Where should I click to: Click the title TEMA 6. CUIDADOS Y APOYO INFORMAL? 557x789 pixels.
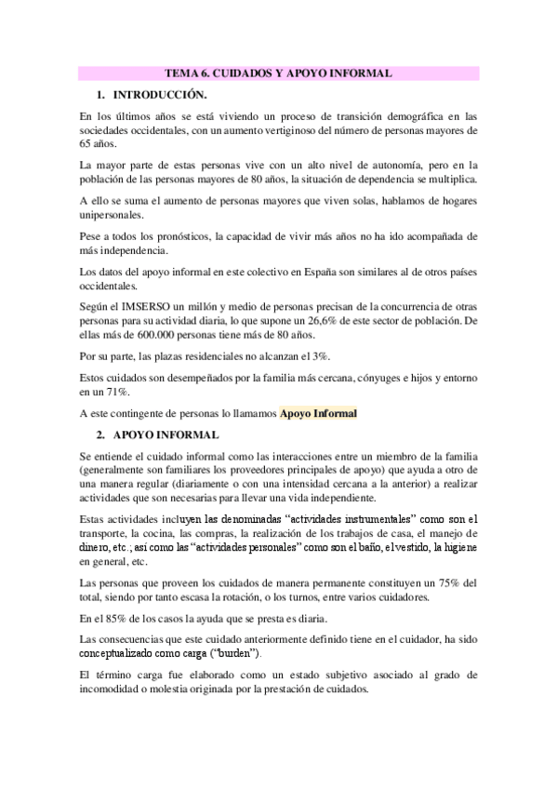278,72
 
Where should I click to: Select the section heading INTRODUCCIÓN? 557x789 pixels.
159,95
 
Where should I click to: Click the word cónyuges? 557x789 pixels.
343,380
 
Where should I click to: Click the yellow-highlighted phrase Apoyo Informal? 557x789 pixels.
319,414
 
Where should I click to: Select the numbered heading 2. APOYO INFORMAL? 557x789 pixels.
159,435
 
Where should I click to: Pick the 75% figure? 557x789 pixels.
444,582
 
